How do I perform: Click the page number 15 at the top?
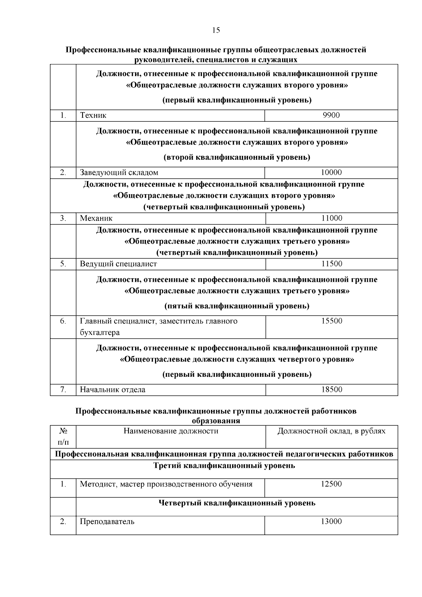216,30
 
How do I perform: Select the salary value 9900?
331,115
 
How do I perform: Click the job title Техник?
93,115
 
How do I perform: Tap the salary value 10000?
331,172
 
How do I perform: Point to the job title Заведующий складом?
119,172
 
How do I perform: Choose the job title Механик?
96,218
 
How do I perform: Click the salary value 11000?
332,218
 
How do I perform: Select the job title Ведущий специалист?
119,264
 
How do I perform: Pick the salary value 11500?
332,264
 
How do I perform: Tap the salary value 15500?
332,321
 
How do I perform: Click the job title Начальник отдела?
113,389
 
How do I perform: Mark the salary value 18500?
332,389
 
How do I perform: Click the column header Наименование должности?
171,431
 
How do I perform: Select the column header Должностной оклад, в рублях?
331,431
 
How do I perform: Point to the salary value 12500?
331,484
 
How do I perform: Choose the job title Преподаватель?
107,521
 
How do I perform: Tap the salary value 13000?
331,521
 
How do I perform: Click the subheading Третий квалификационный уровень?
224,466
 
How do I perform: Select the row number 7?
63,389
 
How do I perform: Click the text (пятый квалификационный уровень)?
237,306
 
